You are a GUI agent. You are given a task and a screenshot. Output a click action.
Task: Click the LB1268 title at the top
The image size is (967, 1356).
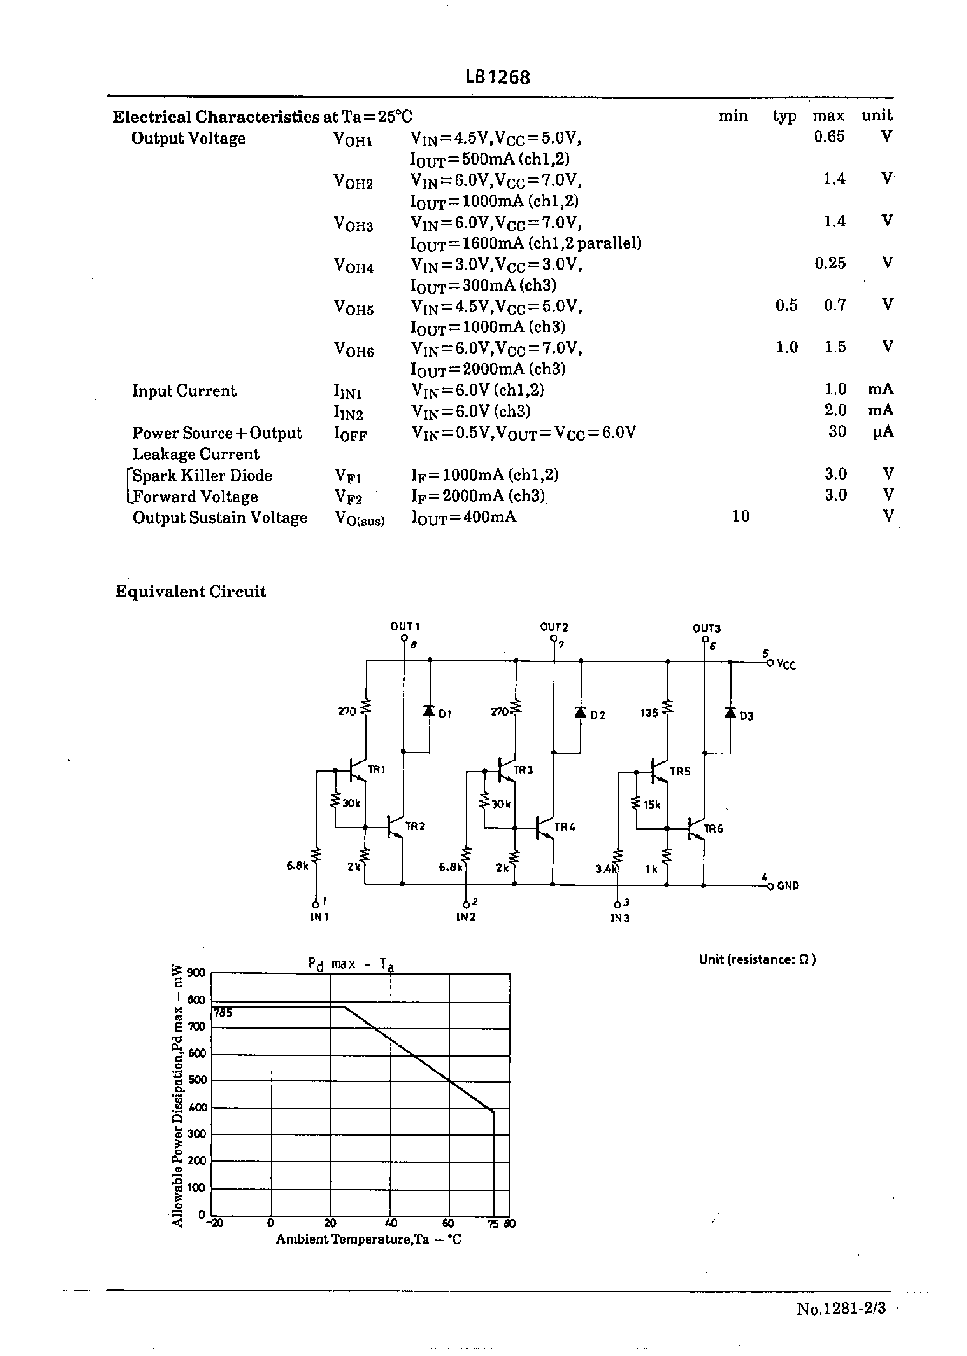(498, 77)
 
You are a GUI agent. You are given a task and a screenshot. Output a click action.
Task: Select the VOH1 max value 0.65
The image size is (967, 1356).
(829, 137)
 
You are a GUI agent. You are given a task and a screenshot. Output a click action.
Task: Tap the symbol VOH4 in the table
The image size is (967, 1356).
(353, 265)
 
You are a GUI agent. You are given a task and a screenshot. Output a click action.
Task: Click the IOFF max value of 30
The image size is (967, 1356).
(837, 431)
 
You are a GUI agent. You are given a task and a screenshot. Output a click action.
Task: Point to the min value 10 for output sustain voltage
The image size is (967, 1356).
(741, 516)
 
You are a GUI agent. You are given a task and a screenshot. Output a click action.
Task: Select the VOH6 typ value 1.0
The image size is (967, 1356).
(787, 347)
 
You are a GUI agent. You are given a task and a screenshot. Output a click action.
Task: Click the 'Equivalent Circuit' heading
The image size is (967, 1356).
(191, 592)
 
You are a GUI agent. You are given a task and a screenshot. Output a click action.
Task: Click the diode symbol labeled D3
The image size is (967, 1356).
(730, 713)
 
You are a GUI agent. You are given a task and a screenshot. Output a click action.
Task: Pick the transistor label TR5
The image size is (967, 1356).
(679, 772)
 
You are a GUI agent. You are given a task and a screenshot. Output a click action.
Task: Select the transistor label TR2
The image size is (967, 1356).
(415, 826)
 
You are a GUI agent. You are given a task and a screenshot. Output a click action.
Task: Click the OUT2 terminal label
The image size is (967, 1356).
(554, 627)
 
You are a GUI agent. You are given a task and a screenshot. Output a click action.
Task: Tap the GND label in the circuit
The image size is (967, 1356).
(788, 886)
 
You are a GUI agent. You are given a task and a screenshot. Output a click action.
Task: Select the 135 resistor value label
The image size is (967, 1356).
(649, 713)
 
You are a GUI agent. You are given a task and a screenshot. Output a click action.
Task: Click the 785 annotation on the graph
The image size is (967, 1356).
(223, 1012)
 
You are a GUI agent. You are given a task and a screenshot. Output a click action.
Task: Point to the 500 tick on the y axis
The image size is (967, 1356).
(197, 1080)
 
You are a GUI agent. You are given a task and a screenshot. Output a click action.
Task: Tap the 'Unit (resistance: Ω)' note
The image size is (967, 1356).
(757, 959)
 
